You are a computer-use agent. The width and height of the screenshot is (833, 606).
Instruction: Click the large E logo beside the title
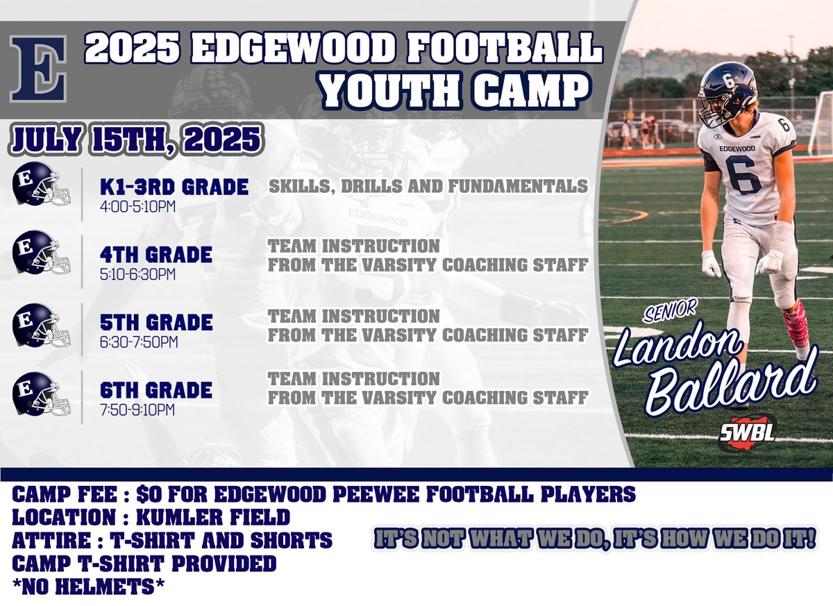[39, 69]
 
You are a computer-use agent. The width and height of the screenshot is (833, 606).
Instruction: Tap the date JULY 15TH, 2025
[135, 139]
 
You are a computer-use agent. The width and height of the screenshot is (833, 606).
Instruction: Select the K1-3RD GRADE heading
[174, 187]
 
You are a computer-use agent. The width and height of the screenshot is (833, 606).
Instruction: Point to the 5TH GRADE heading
[156, 323]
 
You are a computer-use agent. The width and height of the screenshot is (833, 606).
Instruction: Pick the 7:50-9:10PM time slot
[137, 410]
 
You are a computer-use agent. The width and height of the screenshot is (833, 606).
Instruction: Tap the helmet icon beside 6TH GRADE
[41, 394]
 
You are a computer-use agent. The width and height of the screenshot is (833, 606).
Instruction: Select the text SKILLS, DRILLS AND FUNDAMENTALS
[428, 186]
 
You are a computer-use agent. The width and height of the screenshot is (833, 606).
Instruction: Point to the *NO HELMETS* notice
[89, 587]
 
